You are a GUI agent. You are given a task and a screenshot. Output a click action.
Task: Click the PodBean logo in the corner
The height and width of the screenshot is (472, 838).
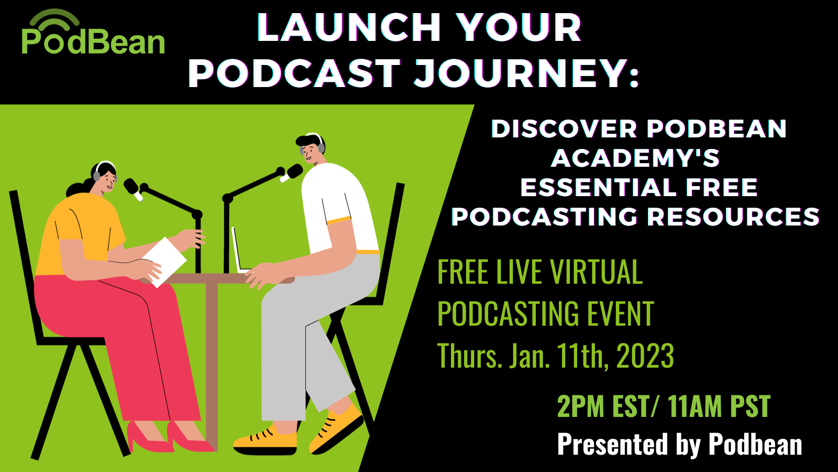(93, 32)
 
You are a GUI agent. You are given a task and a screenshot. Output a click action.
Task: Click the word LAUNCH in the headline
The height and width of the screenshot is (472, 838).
(349, 27)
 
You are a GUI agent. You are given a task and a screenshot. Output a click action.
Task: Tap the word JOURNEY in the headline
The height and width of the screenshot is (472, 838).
(520, 73)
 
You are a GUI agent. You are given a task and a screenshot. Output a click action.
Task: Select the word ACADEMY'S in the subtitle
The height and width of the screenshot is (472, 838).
(635, 158)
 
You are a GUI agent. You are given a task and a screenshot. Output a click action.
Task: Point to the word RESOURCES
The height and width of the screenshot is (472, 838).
(733, 217)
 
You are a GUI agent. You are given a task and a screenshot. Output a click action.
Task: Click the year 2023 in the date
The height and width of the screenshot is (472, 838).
(645, 356)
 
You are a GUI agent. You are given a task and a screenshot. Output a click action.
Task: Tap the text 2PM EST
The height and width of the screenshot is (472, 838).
(602, 406)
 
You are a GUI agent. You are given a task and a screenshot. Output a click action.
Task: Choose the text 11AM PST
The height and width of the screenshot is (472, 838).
(719, 406)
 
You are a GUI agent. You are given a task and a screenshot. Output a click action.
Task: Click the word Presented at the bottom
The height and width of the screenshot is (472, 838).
(612, 444)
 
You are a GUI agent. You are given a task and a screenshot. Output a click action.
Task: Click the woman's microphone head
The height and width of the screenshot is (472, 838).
(131, 187)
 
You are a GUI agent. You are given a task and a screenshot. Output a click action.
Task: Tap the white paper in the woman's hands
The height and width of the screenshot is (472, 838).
(164, 262)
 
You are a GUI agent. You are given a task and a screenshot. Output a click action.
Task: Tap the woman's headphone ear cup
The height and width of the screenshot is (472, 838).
(97, 176)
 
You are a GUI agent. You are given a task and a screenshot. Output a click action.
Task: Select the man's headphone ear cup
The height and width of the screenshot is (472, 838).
(321, 148)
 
